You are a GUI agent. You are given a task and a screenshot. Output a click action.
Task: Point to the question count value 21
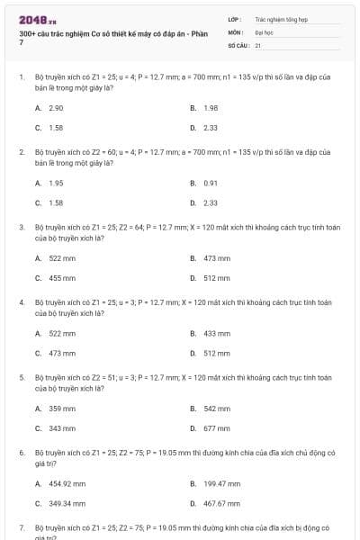point(257,44)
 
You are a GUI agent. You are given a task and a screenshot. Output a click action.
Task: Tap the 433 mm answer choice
point(217,333)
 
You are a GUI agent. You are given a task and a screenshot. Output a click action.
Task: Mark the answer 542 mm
point(217,408)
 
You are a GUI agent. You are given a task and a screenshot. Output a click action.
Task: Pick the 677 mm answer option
point(217,428)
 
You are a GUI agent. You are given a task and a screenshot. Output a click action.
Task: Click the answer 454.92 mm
point(67,483)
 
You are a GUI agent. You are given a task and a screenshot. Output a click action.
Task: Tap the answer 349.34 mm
point(67,504)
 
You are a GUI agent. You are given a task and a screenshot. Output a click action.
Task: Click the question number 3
point(21,228)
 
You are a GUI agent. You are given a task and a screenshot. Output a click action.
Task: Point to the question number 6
point(21,453)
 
